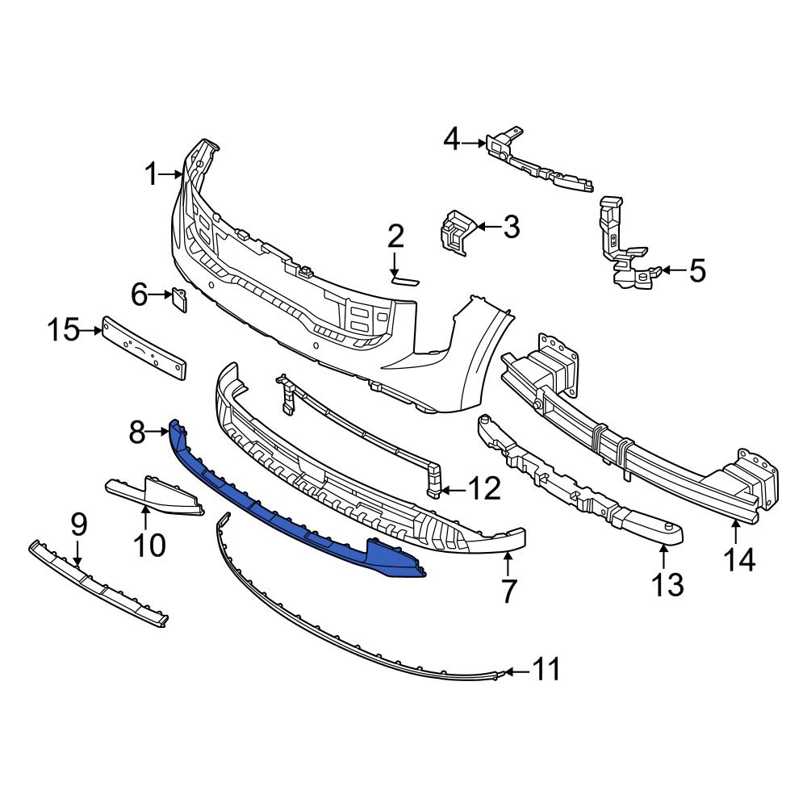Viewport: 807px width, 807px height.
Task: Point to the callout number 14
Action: (x=738, y=558)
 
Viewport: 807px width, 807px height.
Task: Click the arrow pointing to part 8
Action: (x=158, y=433)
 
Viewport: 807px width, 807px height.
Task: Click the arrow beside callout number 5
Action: (x=674, y=271)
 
